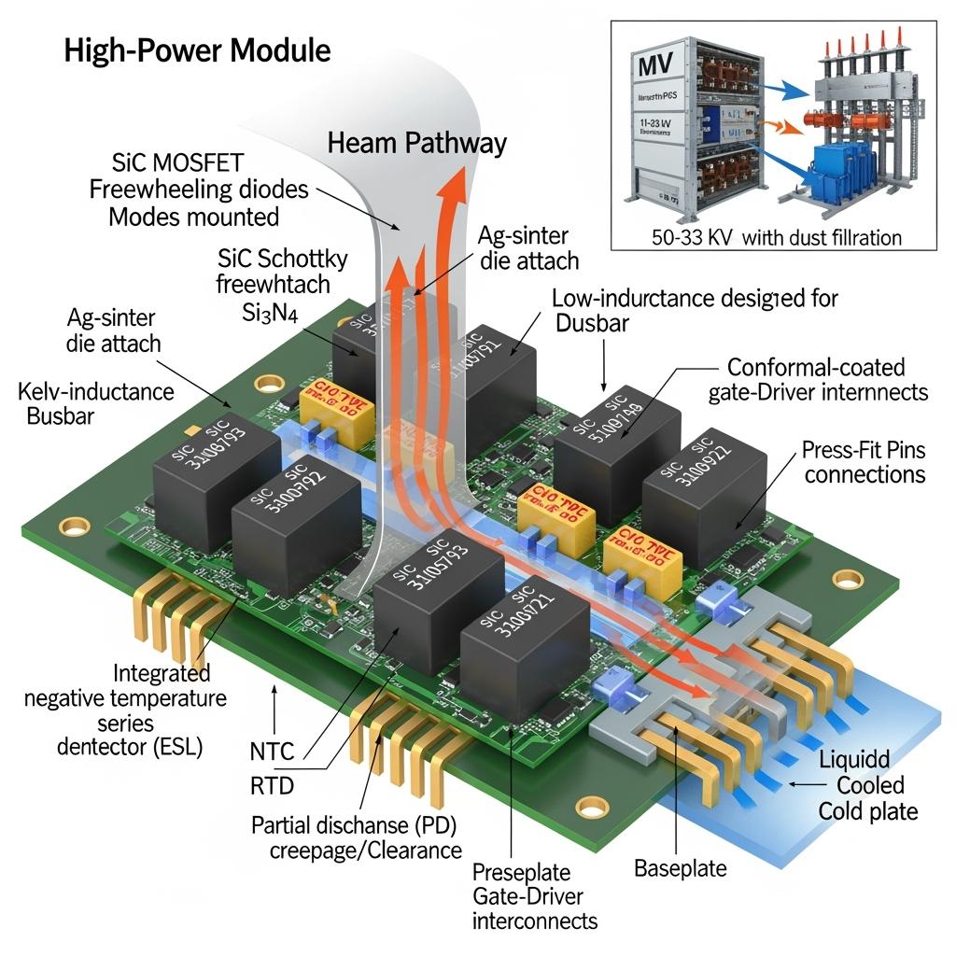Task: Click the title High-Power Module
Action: (x=197, y=50)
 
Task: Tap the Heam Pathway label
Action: (x=417, y=143)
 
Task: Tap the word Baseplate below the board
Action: (x=680, y=867)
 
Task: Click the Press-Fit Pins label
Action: (x=864, y=450)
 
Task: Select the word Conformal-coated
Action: (x=816, y=367)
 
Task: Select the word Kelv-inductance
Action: (x=95, y=389)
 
